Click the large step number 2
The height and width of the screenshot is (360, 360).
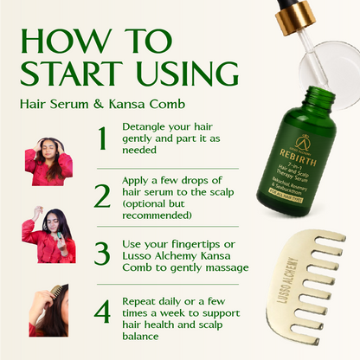103,196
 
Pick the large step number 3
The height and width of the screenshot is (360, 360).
103,253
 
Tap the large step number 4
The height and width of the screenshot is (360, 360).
103,311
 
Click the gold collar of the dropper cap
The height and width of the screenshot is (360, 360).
304,14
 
